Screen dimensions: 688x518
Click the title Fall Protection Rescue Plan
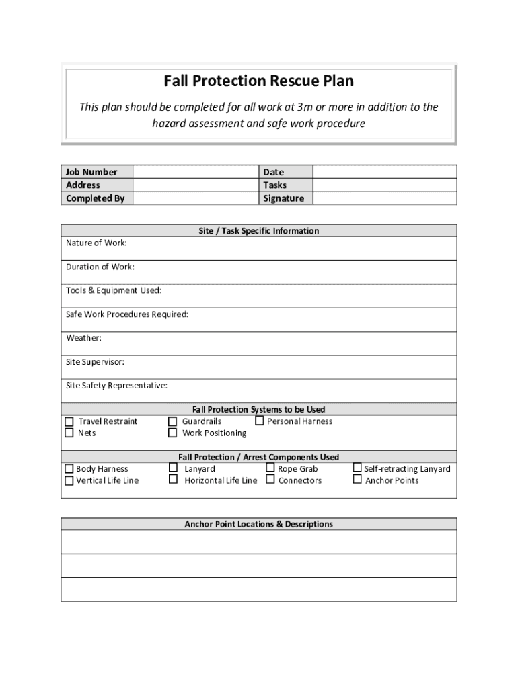click(x=258, y=81)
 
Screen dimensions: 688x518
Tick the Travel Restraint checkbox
click(x=69, y=421)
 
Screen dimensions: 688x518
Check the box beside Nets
click(x=69, y=433)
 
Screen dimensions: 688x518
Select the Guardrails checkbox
click(x=172, y=421)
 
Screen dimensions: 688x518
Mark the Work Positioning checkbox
click(x=172, y=433)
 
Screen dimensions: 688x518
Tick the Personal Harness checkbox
click(x=260, y=421)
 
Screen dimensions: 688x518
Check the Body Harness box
click(x=69, y=469)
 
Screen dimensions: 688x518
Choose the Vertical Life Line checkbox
click(x=69, y=480)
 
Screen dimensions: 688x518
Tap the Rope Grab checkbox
click(x=270, y=468)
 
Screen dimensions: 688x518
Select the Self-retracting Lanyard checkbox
click(x=357, y=468)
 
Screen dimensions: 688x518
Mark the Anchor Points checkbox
click(x=357, y=480)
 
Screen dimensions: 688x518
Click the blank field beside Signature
click(x=384, y=198)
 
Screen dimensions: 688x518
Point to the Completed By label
click(x=95, y=198)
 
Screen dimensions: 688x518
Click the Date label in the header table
click(x=274, y=172)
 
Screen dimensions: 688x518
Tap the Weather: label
click(x=83, y=338)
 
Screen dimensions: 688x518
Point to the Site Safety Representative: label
click(x=116, y=386)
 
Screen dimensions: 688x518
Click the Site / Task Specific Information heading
click(x=258, y=230)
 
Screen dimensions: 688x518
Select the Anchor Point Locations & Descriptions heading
click(x=258, y=524)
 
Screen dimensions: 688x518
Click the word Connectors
click(x=300, y=480)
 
